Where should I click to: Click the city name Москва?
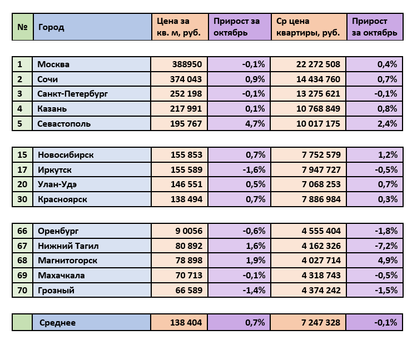53,64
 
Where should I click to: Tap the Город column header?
51,27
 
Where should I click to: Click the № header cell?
22,27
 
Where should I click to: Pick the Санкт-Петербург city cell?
72,94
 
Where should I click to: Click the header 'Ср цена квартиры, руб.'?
307,27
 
